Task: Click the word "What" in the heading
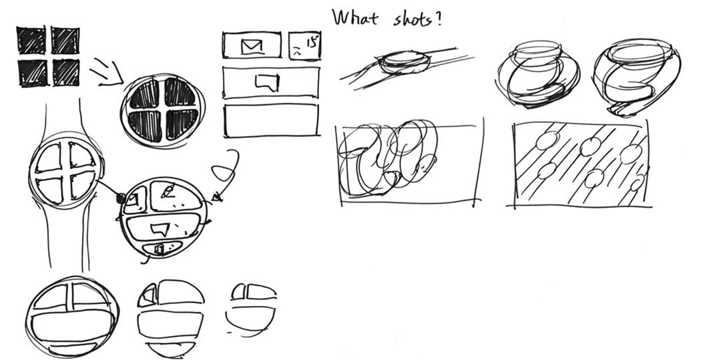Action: (355, 18)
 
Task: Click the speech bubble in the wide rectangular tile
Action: (267, 83)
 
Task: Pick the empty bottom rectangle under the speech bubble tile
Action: (271, 120)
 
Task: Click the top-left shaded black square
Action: (31, 40)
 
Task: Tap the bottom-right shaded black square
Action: (66, 72)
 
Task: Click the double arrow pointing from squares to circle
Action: (106, 71)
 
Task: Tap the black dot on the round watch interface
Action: (120, 198)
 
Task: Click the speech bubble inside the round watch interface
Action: (160, 229)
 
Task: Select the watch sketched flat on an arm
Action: (405, 62)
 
